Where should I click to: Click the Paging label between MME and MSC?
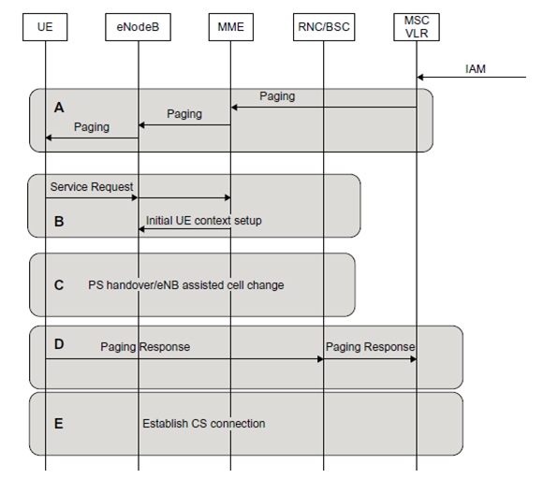(x=277, y=96)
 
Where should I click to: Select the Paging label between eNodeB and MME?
(x=184, y=114)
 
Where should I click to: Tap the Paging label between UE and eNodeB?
(x=91, y=126)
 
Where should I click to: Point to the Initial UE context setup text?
(x=204, y=221)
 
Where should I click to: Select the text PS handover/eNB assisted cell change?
(x=186, y=284)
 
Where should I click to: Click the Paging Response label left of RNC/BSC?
(x=145, y=346)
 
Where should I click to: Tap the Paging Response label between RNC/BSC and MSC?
(x=370, y=346)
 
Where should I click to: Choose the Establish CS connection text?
(x=204, y=424)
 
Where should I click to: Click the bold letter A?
(x=59, y=108)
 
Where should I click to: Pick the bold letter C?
(x=59, y=284)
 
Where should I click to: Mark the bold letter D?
(x=59, y=345)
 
